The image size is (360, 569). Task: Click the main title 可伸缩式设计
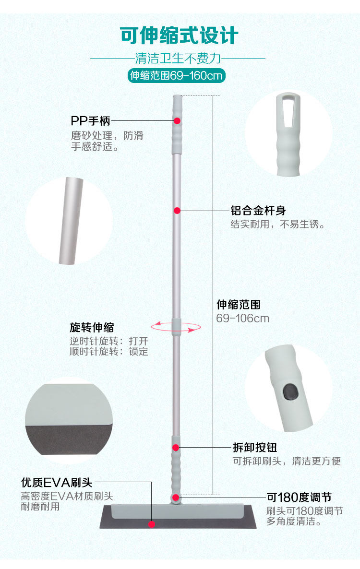[x=179, y=36]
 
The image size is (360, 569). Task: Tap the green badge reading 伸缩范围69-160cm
[x=176, y=76]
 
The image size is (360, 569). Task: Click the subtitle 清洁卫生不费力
[x=178, y=59]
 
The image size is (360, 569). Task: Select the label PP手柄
[x=90, y=121]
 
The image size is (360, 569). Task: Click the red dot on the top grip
[x=177, y=121]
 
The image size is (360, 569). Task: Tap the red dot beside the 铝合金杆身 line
[x=177, y=210]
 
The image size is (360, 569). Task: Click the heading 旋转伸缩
[x=92, y=328]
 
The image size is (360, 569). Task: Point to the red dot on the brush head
[x=152, y=524]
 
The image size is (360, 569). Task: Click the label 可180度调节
[x=299, y=497]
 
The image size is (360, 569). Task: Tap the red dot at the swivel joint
[x=176, y=497]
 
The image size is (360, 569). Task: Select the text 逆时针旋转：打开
[x=109, y=341]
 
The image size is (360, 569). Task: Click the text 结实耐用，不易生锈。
[x=278, y=224]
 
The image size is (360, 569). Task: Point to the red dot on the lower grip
[x=176, y=448]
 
